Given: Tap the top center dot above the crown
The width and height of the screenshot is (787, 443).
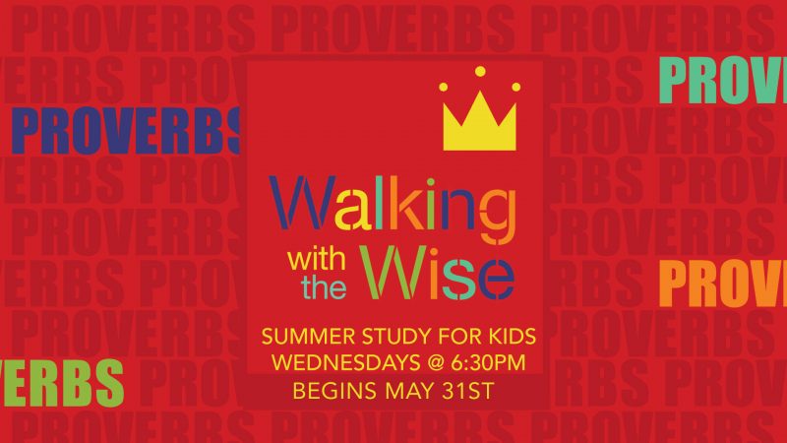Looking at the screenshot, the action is point(480,72).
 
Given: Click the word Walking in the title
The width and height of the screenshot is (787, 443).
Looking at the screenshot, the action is point(393,209).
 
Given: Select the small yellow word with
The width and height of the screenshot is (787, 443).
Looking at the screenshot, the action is point(316,260).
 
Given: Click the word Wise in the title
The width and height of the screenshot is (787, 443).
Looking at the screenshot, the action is point(437,274).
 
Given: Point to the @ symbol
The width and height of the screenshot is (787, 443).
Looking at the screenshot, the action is point(436,363).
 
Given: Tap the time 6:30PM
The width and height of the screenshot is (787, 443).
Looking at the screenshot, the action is point(488,363).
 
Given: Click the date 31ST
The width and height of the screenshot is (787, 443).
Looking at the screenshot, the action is point(468,391).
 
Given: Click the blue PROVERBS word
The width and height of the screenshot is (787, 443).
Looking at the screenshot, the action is point(126,132).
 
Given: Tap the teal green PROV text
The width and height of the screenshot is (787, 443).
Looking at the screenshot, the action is point(723,81).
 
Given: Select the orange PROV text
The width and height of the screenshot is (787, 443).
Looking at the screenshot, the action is point(723,284).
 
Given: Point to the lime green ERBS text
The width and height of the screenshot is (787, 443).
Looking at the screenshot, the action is point(62,383).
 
